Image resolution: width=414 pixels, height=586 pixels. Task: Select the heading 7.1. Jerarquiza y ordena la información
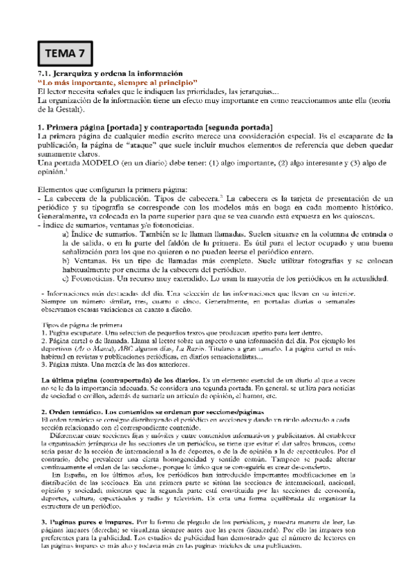pos(109,74)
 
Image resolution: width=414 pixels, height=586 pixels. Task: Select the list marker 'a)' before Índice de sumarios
pos(66,235)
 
